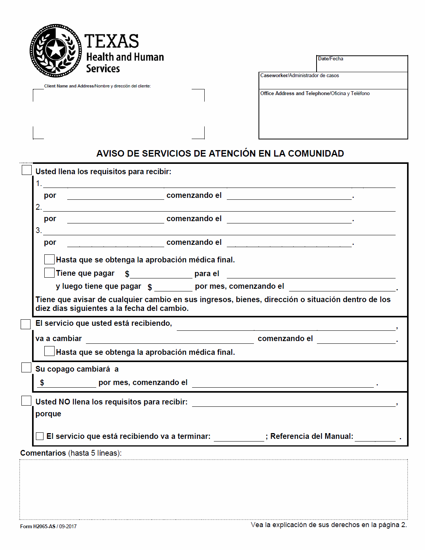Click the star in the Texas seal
click(x=56, y=49)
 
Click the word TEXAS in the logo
click(x=112, y=41)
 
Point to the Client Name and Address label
click(x=97, y=86)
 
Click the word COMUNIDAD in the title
click(x=316, y=154)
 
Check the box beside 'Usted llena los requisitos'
click(x=27, y=170)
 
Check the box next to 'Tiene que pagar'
click(x=49, y=273)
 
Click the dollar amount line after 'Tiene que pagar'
click(x=161, y=274)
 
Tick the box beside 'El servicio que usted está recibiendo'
click(x=26, y=324)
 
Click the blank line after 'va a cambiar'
click(x=170, y=340)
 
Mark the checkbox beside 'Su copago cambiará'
click(x=26, y=367)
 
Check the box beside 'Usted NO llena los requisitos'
click(x=26, y=401)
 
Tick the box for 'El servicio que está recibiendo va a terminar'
click(x=40, y=436)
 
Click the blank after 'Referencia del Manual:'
click(x=375, y=437)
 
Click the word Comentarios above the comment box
click(x=43, y=453)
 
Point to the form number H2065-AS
click(x=44, y=526)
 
